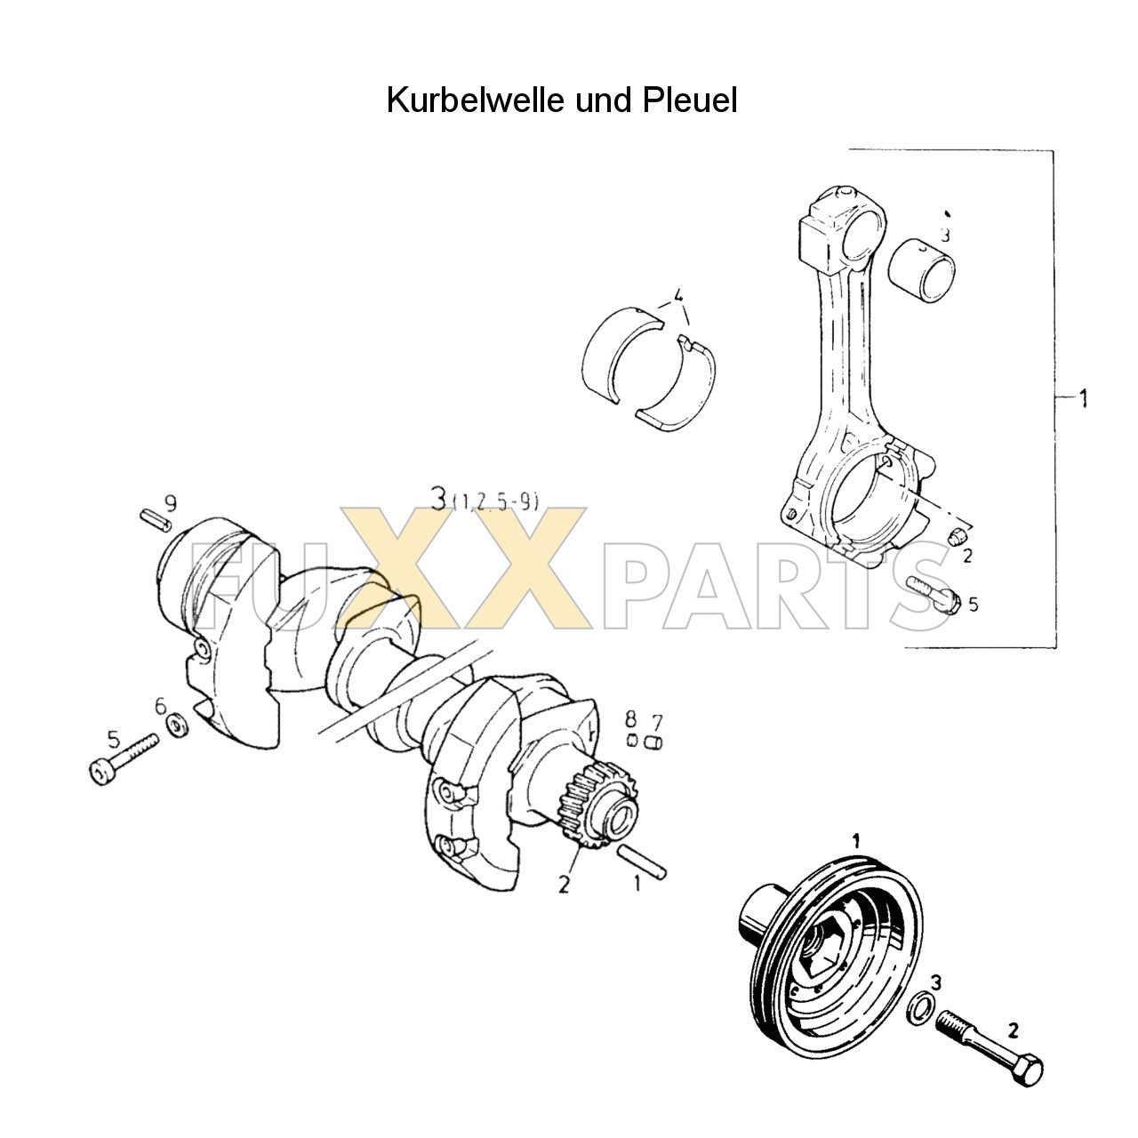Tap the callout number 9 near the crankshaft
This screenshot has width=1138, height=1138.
pyautogui.click(x=170, y=504)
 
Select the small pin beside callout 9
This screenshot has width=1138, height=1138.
pyautogui.click(x=154, y=519)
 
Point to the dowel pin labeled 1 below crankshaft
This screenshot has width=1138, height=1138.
pyautogui.click(x=642, y=862)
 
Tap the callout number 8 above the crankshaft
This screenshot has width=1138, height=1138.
pyautogui.click(x=629, y=718)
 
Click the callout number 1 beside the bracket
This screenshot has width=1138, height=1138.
pyautogui.click(x=1083, y=399)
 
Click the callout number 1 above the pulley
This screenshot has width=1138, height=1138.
pyautogui.click(x=855, y=839)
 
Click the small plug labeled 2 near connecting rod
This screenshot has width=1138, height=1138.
pyautogui.click(x=957, y=537)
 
